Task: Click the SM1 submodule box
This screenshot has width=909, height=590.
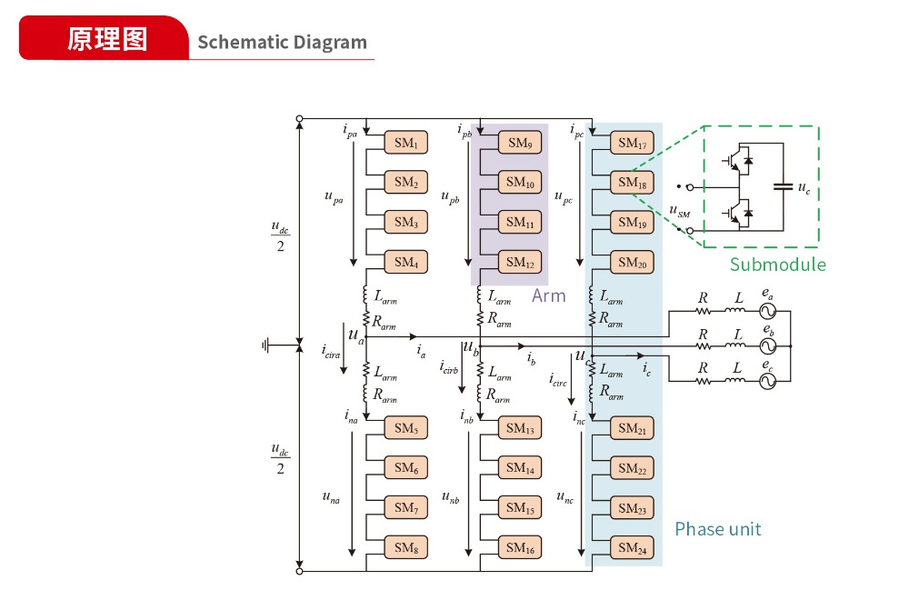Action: coord(405,143)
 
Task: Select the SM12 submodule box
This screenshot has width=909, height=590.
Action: coord(520,263)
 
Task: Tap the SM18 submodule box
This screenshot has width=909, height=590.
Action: coord(632,183)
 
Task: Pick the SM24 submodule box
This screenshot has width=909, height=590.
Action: coord(632,548)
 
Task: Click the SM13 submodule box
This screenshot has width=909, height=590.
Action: coord(520,428)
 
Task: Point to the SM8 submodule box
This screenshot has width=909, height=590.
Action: coord(405,548)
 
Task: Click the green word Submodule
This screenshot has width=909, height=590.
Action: coord(778,265)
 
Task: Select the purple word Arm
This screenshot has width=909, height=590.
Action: coord(548,295)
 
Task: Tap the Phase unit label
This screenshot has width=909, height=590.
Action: coord(717,529)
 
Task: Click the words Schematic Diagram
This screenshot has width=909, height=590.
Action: coord(282,42)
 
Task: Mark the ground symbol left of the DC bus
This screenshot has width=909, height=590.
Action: coord(266,345)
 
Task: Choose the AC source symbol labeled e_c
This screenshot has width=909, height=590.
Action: coord(768,382)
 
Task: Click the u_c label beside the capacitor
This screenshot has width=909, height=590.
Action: coord(804,187)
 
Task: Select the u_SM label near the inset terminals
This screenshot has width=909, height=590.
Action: coord(679,212)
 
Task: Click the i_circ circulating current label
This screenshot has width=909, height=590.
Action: coord(558,382)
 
